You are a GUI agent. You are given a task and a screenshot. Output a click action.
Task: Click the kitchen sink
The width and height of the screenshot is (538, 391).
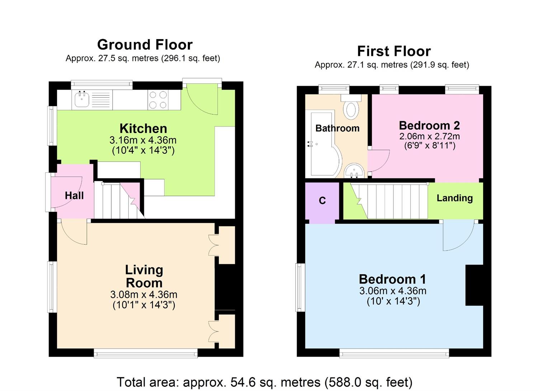point(82,100)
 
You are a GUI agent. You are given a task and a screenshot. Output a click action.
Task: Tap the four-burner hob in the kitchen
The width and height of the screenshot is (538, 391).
point(158,100)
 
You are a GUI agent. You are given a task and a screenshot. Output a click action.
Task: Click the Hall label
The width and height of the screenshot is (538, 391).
point(74,196)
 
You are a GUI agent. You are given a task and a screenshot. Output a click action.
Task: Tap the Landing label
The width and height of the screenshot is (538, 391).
point(454,198)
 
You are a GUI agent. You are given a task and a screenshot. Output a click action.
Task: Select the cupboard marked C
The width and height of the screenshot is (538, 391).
point(322,201)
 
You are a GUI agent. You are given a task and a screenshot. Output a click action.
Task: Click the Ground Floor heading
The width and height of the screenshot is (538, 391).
point(145,45)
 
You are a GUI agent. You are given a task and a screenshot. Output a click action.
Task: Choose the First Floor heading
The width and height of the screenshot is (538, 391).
point(394,51)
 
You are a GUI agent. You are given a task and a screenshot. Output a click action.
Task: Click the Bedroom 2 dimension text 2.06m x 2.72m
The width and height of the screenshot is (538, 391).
point(429,136)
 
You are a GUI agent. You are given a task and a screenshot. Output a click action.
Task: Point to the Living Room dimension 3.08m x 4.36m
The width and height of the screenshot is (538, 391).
point(143,295)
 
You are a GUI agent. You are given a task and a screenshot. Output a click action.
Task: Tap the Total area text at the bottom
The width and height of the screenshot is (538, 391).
point(264,382)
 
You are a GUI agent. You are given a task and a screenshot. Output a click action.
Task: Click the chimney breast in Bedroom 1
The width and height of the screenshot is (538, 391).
point(474,285)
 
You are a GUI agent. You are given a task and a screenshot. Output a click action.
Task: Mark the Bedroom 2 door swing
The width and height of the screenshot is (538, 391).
point(378,160)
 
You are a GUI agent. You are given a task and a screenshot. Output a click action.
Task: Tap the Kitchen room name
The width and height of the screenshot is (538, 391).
point(143,128)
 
